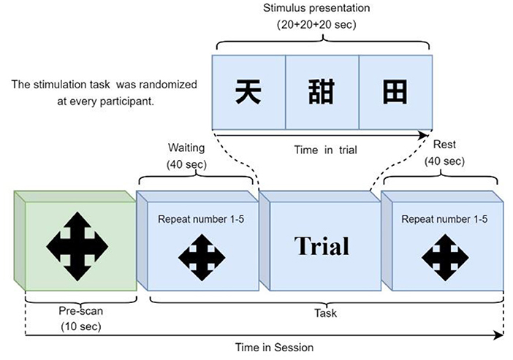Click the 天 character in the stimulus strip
[x=248, y=91]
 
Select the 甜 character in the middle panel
[x=322, y=91]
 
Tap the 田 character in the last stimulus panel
[x=395, y=91]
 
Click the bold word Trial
[x=322, y=245]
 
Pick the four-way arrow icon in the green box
[x=77, y=246]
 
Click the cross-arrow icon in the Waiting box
[x=202, y=257]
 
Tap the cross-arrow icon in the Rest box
[x=445, y=257]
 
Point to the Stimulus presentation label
[x=316, y=8]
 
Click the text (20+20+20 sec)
[x=316, y=25]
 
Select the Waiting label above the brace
[x=186, y=148]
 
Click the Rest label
[x=444, y=144]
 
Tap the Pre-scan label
[x=81, y=310]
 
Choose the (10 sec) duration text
[x=81, y=326]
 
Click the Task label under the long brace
[x=325, y=313]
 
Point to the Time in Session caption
[x=274, y=348]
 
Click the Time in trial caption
[x=325, y=150]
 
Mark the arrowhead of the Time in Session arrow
[x=500, y=335]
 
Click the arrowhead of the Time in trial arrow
[x=424, y=135]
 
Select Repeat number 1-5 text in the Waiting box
[x=201, y=219]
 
